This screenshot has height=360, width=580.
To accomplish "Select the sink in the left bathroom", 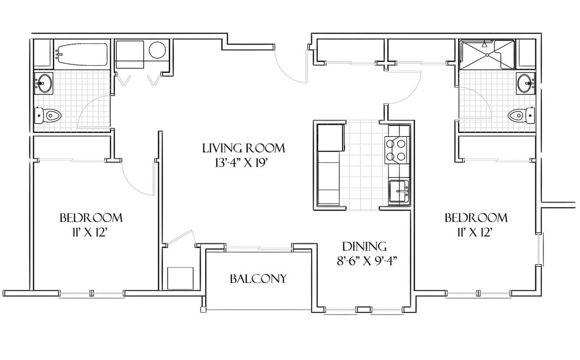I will [44, 84].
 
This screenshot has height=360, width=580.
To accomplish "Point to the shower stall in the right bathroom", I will [487, 55].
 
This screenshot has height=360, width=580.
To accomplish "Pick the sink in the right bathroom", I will [526, 83].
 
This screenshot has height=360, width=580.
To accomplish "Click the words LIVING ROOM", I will [243, 149].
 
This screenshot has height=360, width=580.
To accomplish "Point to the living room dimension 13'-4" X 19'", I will [243, 163].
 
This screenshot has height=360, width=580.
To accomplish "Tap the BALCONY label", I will [258, 279].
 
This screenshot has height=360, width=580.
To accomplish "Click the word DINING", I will [364, 246].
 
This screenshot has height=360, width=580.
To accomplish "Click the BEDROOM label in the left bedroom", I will [91, 218].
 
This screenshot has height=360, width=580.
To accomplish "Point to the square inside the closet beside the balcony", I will [180, 279].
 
